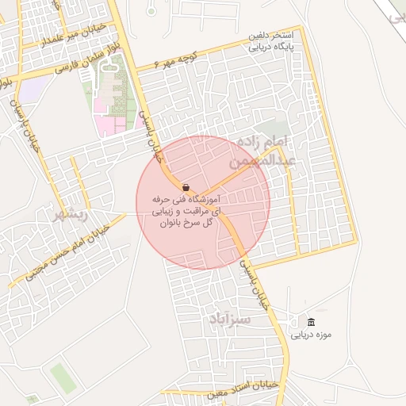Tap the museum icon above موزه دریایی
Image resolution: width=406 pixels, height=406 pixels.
[x=311, y=322]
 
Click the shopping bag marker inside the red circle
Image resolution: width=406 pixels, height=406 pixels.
[x=186, y=187]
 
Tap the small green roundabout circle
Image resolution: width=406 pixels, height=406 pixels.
[x=151, y=11]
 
